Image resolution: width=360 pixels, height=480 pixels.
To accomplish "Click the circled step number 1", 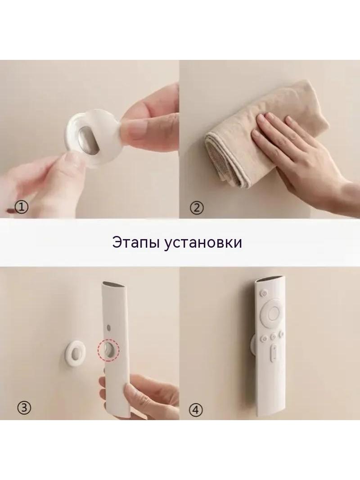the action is pos(22,208).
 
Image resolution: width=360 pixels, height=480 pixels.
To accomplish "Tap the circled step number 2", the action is pos(197,208).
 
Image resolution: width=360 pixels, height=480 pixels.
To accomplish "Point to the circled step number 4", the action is pos(196,409).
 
